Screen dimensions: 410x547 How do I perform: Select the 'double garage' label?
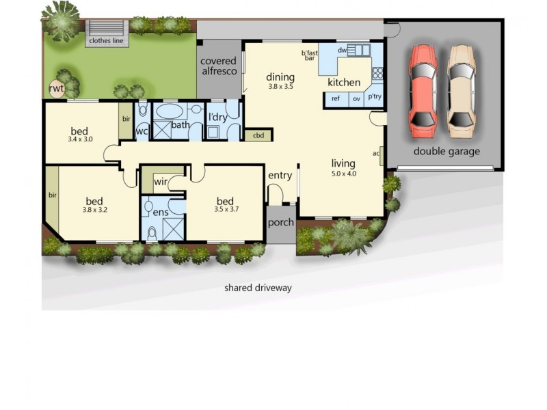tap(446, 152)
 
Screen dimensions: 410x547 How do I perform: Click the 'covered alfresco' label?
tap(218, 66)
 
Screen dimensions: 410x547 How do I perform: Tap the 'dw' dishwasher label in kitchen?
tap(342, 50)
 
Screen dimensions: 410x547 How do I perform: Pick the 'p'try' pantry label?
tap(375, 97)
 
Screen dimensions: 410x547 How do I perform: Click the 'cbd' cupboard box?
tap(258, 135)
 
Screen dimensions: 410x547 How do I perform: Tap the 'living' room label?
tap(343, 163)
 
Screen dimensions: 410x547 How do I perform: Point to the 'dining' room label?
tap(280, 77)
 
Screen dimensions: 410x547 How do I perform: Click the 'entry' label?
tap(280, 176)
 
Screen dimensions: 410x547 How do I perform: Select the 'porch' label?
tap(280, 223)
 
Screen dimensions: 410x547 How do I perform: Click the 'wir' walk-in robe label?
tap(161, 181)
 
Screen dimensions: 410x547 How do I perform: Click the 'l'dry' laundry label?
tap(217, 118)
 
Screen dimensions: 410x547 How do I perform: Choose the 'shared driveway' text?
tap(258, 288)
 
